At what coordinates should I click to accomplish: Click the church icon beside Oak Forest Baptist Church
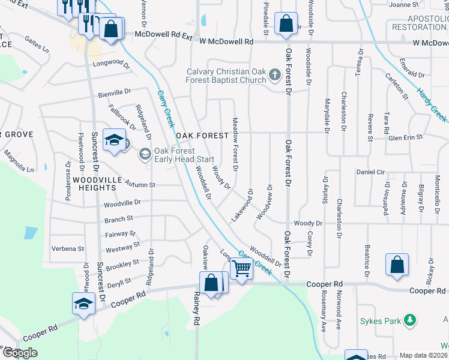pyautogui.click(x=275, y=74)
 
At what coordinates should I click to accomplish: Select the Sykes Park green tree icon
pyautogui.click(x=410, y=320)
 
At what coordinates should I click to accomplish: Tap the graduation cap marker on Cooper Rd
pyautogui.click(x=83, y=304)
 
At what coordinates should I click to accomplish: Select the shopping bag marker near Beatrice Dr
pyautogui.click(x=397, y=265)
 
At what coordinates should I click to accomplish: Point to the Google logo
pyautogui.click(x=20, y=353)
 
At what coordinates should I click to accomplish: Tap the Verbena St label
pyautogui.click(x=68, y=248)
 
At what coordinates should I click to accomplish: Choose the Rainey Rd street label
pyautogui.click(x=196, y=306)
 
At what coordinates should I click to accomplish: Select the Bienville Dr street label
pyautogui.click(x=115, y=92)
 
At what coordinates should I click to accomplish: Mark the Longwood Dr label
pyautogui.click(x=111, y=62)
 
